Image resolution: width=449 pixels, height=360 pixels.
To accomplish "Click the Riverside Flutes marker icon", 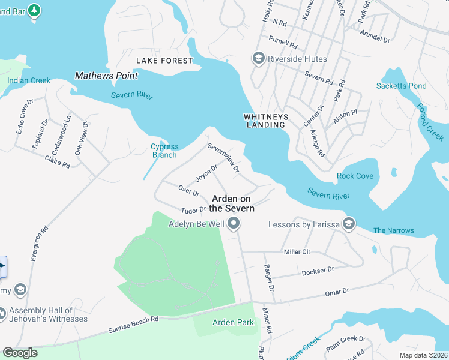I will (259, 58).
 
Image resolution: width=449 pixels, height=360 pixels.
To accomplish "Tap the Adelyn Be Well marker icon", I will (234, 224).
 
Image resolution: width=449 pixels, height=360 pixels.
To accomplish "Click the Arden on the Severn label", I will (233, 203).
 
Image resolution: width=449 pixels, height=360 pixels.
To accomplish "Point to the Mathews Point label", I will (106, 76).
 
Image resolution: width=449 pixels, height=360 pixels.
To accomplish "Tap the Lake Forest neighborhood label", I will (164, 61).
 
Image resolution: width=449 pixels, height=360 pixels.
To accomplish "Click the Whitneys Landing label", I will (265, 121).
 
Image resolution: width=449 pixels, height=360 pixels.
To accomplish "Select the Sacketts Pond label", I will (401, 86).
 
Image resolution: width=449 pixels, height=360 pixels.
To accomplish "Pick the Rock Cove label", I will (355, 176).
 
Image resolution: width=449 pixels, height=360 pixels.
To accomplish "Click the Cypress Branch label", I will (164, 151).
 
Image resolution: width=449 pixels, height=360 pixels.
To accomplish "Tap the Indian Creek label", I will (29, 80).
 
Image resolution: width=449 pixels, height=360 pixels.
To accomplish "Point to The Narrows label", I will (393, 230).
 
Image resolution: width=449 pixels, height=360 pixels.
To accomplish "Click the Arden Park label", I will (233, 322).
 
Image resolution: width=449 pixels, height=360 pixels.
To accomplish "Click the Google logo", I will (20, 352).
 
